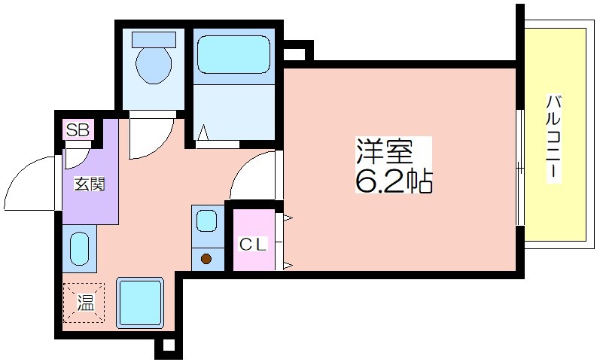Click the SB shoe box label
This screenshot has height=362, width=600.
coord(78,129)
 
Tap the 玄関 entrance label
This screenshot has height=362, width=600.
coord(89,185)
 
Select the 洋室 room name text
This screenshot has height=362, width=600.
coord(385,151)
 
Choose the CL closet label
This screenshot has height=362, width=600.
coord(253,244)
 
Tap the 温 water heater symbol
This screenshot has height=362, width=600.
coord(84,303)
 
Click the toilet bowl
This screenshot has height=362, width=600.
coord(154,65)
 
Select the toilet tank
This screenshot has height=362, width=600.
coord(154,39)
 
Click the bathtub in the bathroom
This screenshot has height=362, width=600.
coord(233,54)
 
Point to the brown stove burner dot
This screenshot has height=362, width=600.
coord(206,259)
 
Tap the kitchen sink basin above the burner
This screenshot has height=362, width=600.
coord(206,221)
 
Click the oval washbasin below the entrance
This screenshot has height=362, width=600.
coord(80,248)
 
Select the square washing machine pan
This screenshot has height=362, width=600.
coord(140,303)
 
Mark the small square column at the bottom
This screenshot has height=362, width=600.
coord(169,345)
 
